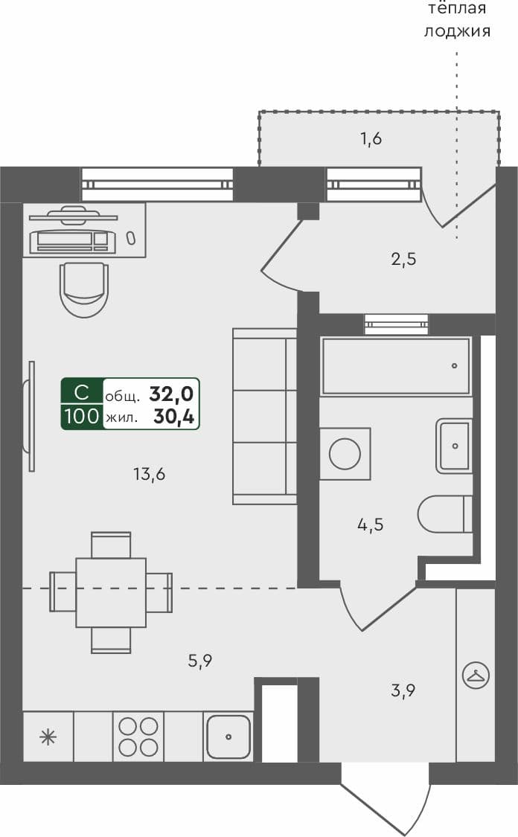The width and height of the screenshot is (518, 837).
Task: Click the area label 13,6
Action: (x=149, y=473)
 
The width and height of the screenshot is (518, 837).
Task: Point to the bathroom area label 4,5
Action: (x=371, y=525)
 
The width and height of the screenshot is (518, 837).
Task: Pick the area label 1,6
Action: (x=371, y=139)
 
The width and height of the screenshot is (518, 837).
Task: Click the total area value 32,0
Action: (x=173, y=393)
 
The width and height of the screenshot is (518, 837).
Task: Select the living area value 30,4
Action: (x=174, y=417)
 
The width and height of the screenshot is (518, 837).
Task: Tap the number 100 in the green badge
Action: (x=82, y=417)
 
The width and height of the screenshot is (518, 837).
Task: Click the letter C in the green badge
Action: (x=82, y=392)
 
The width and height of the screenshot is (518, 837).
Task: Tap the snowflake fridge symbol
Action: (x=48, y=737)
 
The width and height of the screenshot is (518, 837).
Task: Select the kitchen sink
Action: (x=228, y=737)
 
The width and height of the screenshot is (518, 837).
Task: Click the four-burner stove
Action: (x=138, y=737)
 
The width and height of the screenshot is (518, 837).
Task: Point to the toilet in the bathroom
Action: (x=445, y=514)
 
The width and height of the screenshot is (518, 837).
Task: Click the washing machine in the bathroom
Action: (x=345, y=453)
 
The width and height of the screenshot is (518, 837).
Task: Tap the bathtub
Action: (x=395, y=366)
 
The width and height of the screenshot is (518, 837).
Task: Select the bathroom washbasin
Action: (x=455, y=446)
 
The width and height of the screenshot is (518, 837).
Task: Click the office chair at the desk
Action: (x=84, y=289)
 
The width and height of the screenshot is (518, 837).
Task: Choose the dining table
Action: (x=110, y=592)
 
